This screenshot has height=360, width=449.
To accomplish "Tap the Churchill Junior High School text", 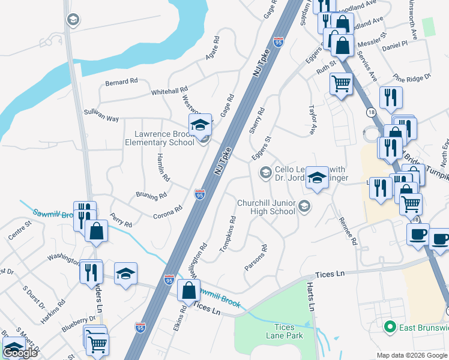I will click(x=267, y=207).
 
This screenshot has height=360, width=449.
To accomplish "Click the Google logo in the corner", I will click(x=20, y=353).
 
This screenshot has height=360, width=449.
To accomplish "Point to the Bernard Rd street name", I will click(x=121, y=81).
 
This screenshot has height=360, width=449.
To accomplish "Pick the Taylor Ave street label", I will click(x=312, y=120).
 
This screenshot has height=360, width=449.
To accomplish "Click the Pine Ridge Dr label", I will click(x=412, y=77).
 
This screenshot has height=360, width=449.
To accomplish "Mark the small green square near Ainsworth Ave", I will click(x=428, y=26).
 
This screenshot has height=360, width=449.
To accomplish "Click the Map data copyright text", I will click(x=412, y=355).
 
